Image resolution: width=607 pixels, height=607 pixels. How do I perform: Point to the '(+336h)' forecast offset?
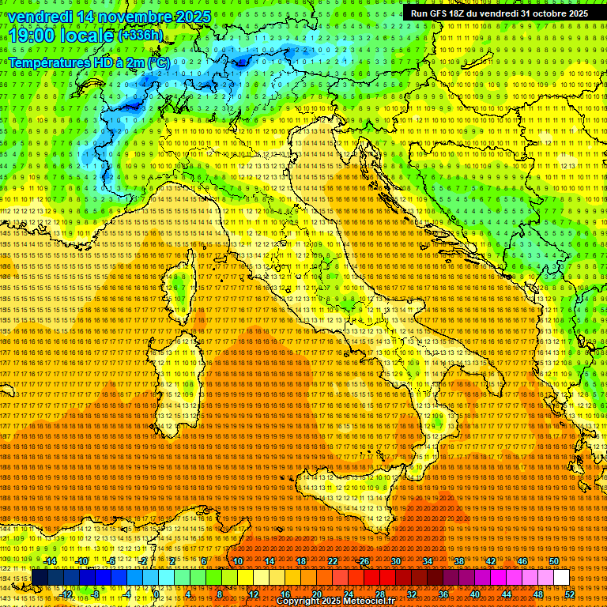click(x=141, y=36)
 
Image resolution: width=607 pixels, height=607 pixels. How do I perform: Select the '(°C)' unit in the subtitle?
click(x=157, y=62)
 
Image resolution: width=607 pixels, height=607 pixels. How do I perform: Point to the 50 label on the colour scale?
click(x=553, y=561)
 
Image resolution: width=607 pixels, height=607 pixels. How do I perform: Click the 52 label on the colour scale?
click(x=569, y=594)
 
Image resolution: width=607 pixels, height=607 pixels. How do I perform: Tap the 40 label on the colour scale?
click(x=475, y=594)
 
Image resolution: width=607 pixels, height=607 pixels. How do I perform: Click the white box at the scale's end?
click(x=561, y=578)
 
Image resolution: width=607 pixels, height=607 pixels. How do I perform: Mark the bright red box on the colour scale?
click(x=371, y=578)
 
